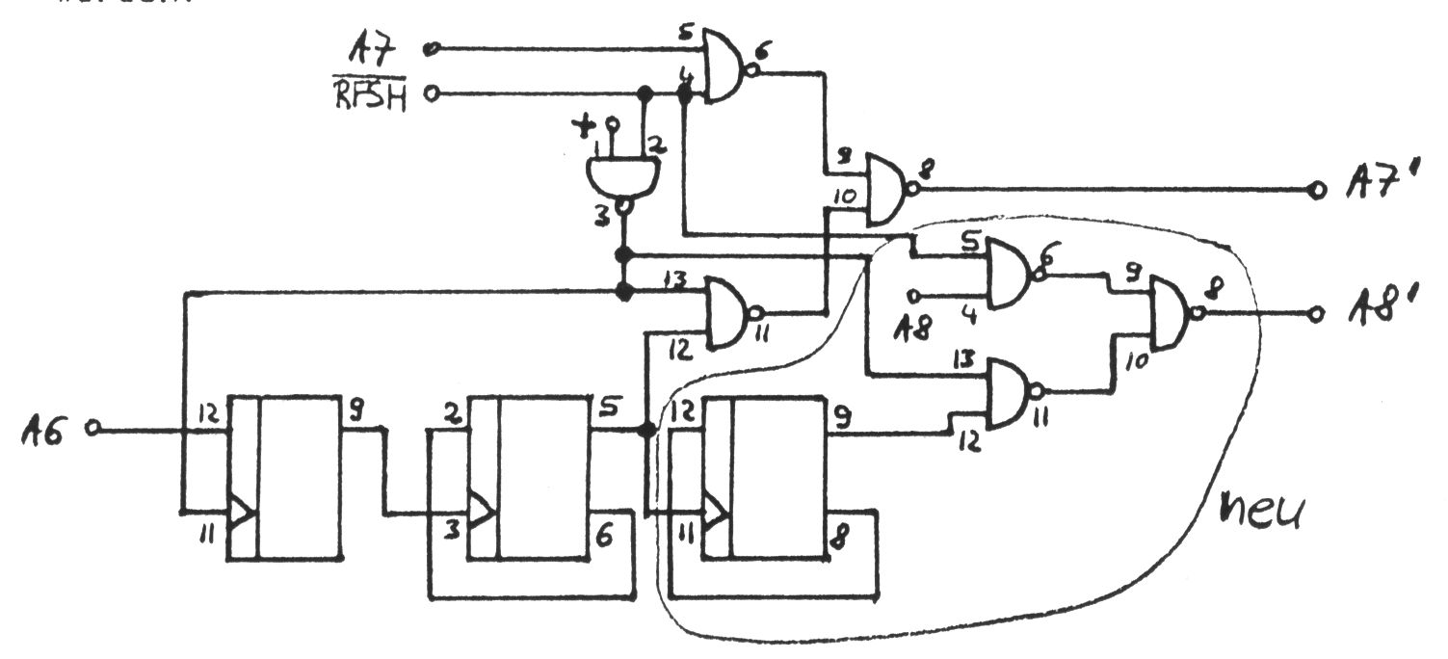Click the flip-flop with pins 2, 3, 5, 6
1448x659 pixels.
pos(530,476)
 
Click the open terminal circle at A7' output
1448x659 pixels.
pos(1317,189)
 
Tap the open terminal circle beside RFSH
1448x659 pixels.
pos(431,94)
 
